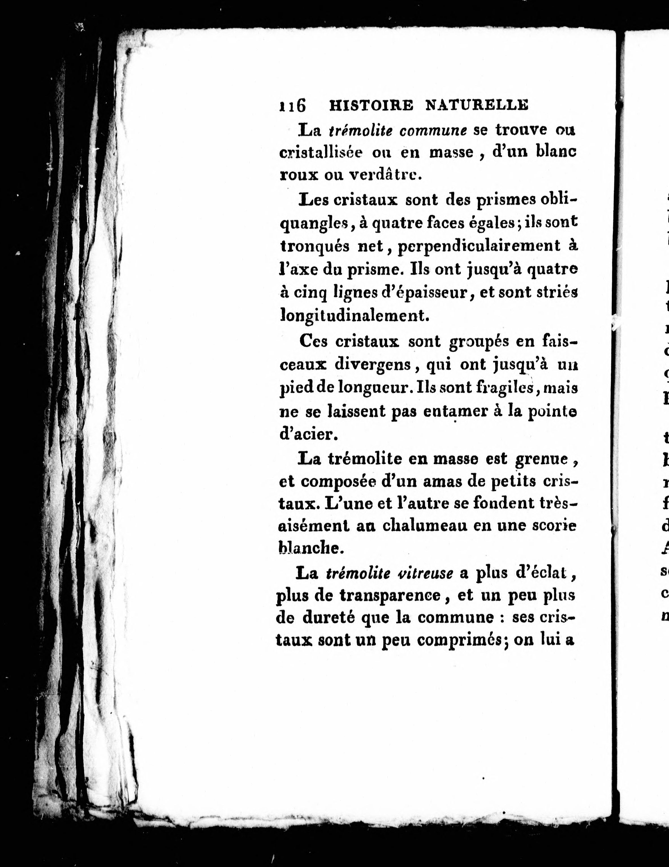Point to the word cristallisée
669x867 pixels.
click(321, 153)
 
